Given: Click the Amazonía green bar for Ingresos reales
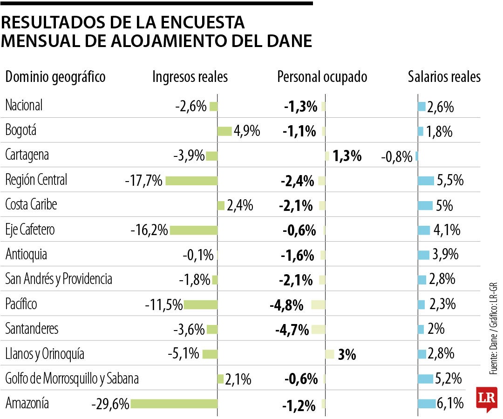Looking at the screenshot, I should [174, 404].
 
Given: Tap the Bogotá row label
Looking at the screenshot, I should [20, 131].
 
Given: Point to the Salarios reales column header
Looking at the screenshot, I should [444, 77].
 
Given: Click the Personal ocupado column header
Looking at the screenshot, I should [322, 77].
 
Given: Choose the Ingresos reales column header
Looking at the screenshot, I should [190, 77].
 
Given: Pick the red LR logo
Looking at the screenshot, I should [486, 399].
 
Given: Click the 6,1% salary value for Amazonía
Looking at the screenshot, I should [450, 403].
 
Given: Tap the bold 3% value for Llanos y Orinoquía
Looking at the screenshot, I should [347, 355].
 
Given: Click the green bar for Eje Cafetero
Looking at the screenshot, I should [194, 230].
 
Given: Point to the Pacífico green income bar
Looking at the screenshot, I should [201, 304].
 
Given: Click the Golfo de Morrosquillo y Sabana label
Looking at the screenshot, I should [72, 379].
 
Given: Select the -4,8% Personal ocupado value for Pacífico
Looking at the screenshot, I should [286, 306].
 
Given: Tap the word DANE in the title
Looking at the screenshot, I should [289, 41].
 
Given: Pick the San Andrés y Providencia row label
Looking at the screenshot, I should [59, 279].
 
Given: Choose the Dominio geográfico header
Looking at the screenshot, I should [55, 77].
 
